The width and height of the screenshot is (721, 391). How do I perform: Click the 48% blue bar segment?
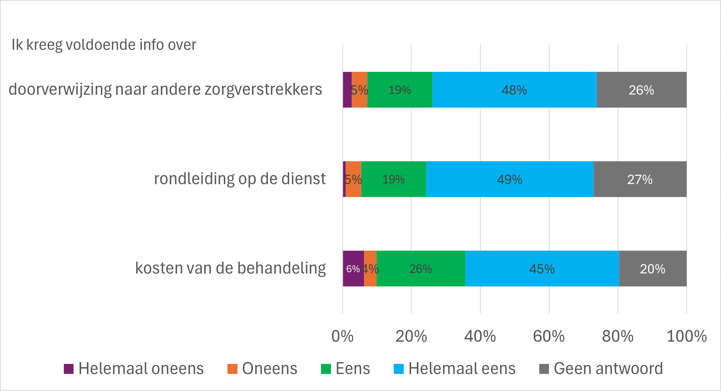click(x=515, y=90)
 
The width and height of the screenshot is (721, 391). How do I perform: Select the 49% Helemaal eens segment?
click(x=510, y=179)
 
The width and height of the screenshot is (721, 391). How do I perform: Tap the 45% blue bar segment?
click(x=542, y=268)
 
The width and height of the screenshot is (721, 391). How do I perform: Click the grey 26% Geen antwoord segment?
click(x=641, y=90)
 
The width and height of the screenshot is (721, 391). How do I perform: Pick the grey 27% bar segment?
click(x=640, y=179)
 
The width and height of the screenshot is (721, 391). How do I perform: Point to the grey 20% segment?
click(x=652, y=268)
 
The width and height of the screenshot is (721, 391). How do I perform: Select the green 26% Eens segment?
click(x=421, y=268)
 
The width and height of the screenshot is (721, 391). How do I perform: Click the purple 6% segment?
click(x=353, y=268)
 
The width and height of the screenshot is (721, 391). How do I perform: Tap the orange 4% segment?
click(x=370, y=268)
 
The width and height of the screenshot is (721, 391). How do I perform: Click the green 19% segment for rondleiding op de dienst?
click(x=393, y=179)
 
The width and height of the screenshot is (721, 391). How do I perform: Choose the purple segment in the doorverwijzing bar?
click(x=347, y=90)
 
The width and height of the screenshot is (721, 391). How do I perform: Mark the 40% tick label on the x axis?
click(x=480, y=336)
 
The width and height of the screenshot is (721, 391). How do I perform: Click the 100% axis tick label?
click(x=687, y=336)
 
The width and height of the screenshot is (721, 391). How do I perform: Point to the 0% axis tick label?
click(x=342, y=336)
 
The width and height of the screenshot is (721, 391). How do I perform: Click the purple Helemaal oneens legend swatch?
click(x=69, y=369)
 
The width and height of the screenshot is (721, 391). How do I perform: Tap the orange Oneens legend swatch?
click(x=232, y=369)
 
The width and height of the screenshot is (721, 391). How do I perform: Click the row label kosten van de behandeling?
click(x=230, y=268)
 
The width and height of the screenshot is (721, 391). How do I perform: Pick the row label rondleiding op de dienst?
click(x=240, y=179)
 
